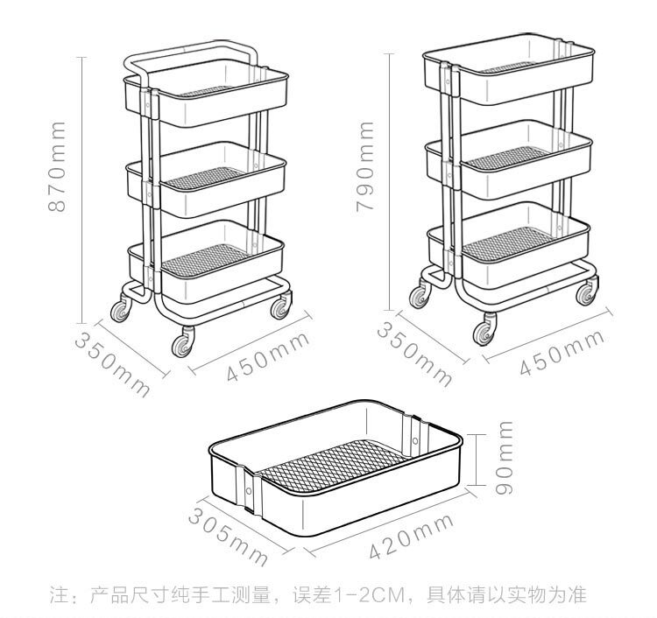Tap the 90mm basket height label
click(x=505, y=458)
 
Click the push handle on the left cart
click(x=193, y=55)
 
